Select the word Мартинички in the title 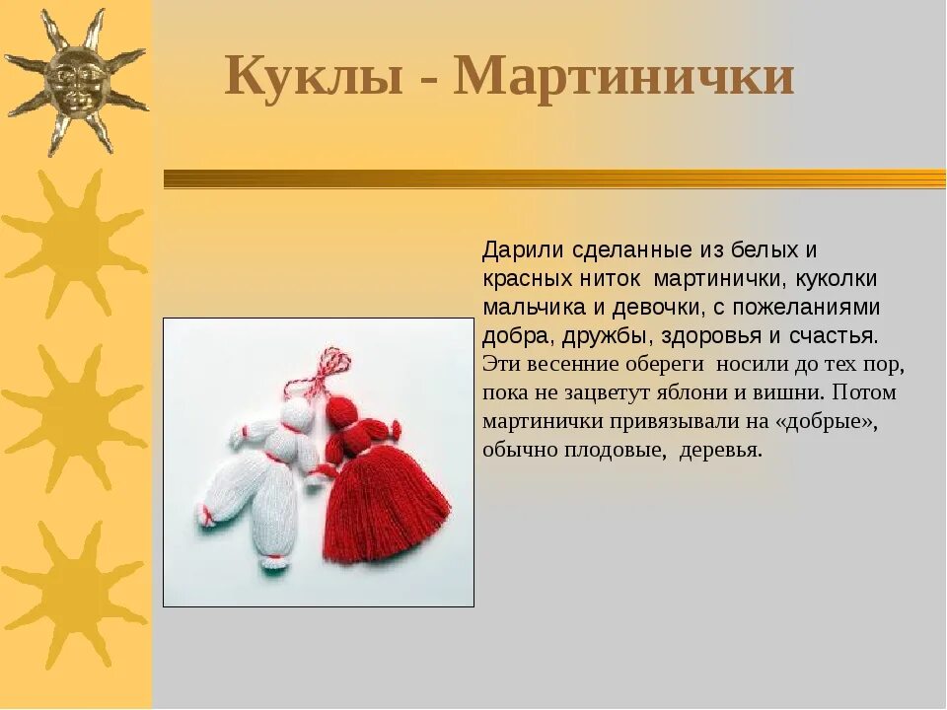pos(623,76)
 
